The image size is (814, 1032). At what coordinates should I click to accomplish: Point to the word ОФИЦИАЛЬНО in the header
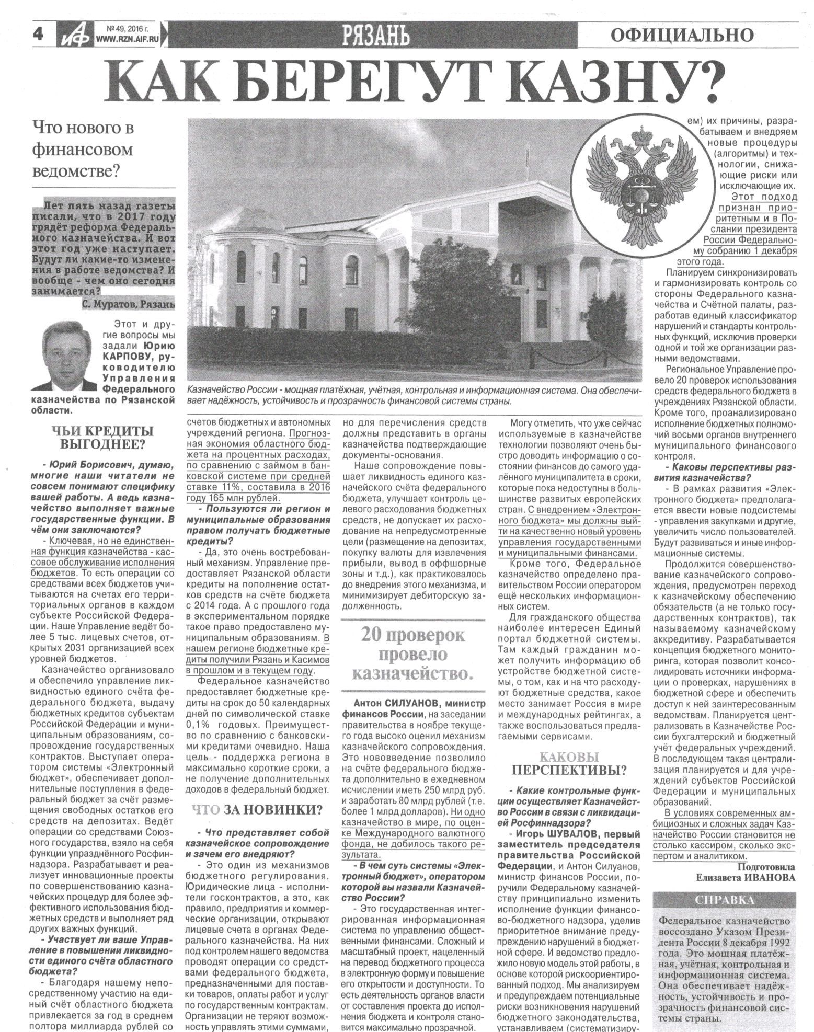(x=682, y=35)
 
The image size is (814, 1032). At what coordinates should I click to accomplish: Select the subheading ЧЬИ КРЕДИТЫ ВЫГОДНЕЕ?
(x=102, y=438)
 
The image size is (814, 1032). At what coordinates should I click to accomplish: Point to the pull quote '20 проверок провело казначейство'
(x=412, y=655)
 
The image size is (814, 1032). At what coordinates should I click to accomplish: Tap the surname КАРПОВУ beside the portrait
(x=128, y=357)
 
